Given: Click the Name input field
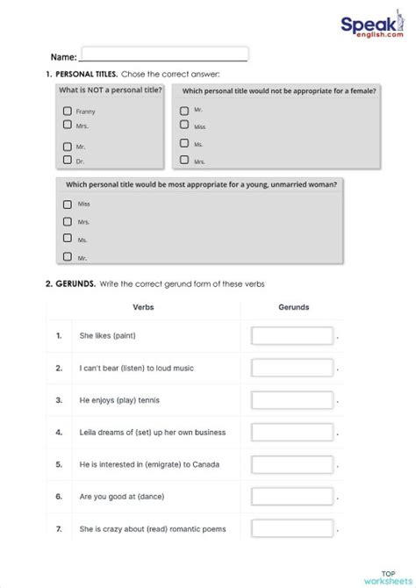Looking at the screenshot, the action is (x=164, y=54).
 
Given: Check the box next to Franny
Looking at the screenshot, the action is (x=67, y=111).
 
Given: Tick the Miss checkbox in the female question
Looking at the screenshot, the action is (x=183, y=126).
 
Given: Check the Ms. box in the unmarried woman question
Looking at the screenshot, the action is (x=67, y=238).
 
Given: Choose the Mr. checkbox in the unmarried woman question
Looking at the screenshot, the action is (x=67, y=256).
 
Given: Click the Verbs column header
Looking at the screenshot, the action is (x=143, y=307).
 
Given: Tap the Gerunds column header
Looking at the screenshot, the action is (x=292, y=307).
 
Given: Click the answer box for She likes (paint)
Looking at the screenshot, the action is (x=292, y=336).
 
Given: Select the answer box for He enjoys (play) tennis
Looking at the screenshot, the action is (x=292, y=399).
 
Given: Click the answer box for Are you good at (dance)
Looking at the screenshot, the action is (x=292, y=496).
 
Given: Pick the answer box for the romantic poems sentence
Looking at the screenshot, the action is (x=292, y=527).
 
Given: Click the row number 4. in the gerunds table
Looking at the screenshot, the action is (x=59, y=432).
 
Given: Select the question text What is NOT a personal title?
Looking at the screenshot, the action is (x=110, y=90).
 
